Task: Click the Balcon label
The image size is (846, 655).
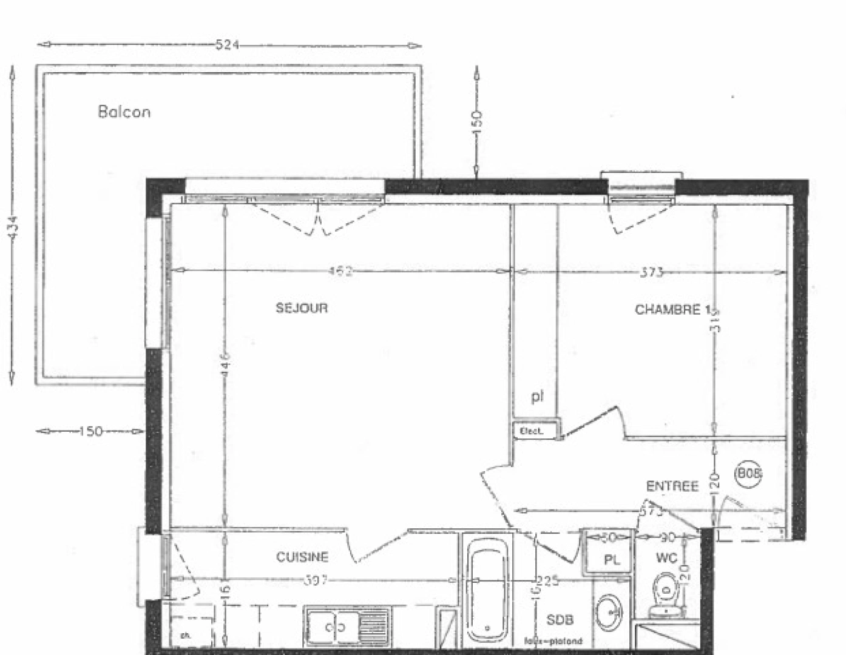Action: pos(124,112)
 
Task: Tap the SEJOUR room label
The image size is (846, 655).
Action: pos(302,308)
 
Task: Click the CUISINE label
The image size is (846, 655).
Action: pos(302,557)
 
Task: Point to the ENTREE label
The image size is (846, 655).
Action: pos(672,486)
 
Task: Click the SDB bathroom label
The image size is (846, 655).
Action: pos(560,620)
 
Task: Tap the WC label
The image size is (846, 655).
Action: pos(666,558)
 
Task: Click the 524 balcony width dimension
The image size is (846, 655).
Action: pos(228,45)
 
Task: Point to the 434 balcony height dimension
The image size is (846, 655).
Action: pos(13,227)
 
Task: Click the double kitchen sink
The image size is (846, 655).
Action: pos(333,626)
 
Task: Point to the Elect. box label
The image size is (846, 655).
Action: pos(530,431)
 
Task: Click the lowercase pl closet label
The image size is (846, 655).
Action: pos(537,397)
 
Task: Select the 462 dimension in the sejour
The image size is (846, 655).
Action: pos(340,272)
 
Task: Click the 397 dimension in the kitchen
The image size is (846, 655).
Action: pos(316,580)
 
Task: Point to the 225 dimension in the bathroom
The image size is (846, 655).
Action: pos(547,582)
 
